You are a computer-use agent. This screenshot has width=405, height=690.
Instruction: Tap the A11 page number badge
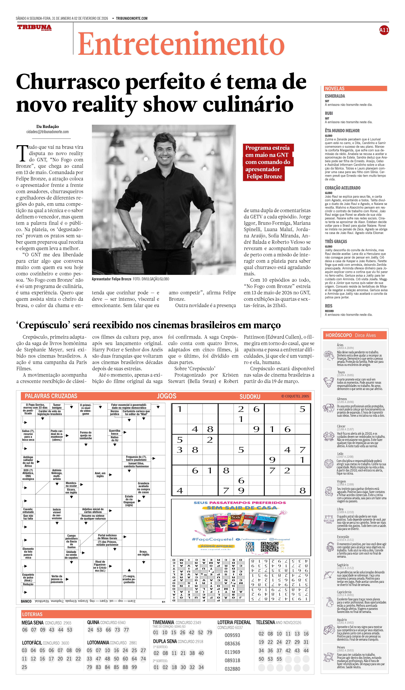[384, 30]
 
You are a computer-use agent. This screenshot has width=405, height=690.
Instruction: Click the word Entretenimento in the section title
[181, 44]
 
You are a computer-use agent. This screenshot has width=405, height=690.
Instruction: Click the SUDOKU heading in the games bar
[250, 396]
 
